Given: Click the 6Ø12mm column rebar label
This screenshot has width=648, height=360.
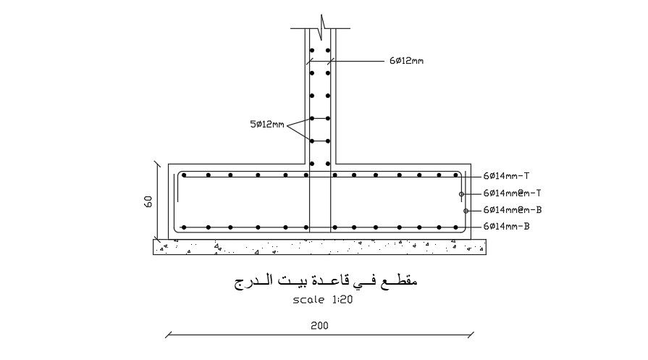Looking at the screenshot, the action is (x=406, y=62).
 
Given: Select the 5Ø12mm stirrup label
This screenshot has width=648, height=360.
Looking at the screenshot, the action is (x=268, y=125).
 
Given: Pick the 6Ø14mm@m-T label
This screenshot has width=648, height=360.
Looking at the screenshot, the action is (x=513, y=193).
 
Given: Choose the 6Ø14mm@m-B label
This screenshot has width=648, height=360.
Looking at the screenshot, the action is (x=513, y=210).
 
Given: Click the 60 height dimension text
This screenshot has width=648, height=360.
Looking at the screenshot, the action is (x=148, y=201).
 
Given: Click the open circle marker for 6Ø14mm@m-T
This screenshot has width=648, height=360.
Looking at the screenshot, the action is (x=461, y=194).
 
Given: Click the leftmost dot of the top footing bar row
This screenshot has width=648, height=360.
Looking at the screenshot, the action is (x=185, y=175).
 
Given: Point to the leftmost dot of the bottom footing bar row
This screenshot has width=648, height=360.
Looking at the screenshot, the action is (x=184, y=227).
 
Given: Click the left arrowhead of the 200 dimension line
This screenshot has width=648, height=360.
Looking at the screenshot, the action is (x=168, y=335).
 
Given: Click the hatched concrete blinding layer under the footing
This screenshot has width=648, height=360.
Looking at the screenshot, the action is (x=319, y=247).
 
